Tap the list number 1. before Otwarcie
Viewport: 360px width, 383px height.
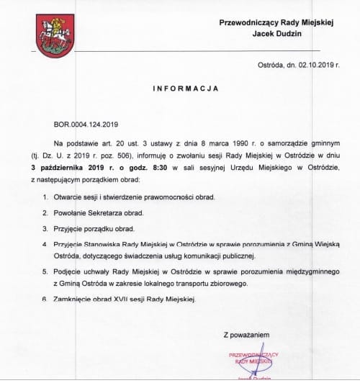[x=46, y=197]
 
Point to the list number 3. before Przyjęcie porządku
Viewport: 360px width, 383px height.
[x=46, y=229]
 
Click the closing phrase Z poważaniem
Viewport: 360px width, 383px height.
[x=246, y=335]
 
